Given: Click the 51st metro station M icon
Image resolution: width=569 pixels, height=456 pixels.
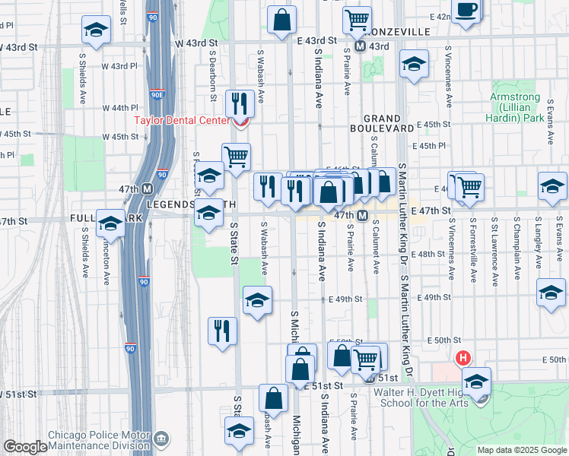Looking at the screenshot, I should [x=370, y=378].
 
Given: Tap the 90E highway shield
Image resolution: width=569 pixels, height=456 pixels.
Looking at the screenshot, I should [x=157, y=95].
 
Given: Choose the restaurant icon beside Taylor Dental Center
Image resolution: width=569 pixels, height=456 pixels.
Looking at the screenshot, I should [x=240, y=103].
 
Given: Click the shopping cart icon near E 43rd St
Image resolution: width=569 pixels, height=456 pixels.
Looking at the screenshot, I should [x=357, y=20].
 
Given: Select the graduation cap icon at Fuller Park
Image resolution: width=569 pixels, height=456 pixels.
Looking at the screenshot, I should [x=111, y=223].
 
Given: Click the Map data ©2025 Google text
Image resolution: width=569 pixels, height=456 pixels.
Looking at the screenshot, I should [x=522, y=449].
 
